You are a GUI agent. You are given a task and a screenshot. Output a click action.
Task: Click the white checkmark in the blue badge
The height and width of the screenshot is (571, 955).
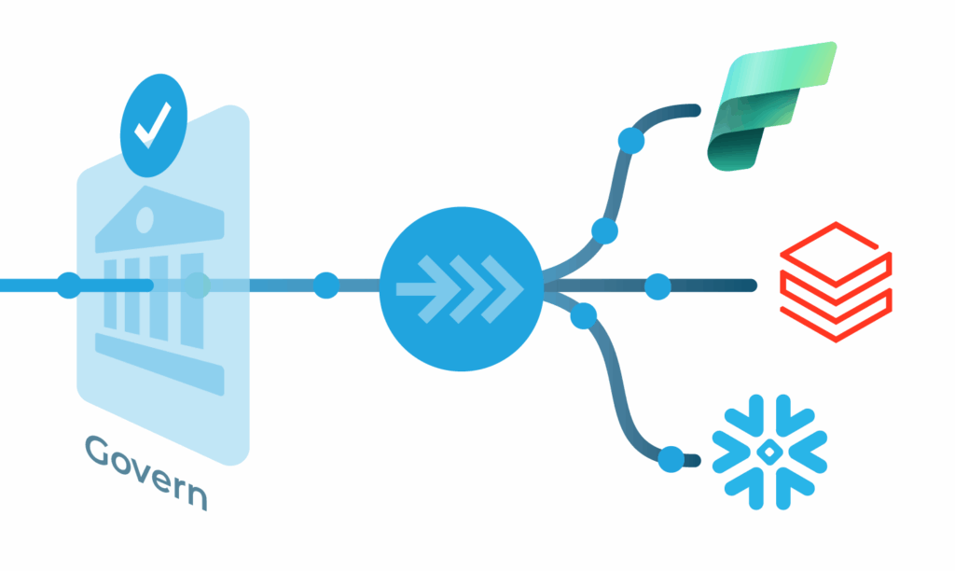coord(153,125)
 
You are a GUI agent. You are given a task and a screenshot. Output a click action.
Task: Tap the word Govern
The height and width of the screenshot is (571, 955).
coord(146,472)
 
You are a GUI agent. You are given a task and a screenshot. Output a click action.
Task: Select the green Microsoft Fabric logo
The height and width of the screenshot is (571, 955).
coord(771,106)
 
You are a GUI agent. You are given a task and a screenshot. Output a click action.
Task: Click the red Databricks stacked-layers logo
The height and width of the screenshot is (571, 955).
coord(836,282)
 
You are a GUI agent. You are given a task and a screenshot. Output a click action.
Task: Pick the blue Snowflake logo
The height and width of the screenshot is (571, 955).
coord(769,452)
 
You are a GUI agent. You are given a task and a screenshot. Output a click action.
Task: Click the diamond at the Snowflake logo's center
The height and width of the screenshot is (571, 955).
coord(769,452)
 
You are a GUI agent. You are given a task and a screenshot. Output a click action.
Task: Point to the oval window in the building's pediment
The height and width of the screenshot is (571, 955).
coord(145,220)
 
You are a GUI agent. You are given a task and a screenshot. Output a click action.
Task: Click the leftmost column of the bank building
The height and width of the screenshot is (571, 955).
coord(110,294)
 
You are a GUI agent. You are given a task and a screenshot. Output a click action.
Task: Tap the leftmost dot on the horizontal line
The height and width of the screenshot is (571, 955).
coord(69,285)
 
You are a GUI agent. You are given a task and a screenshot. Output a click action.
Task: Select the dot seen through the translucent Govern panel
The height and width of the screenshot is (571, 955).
coord(198,285)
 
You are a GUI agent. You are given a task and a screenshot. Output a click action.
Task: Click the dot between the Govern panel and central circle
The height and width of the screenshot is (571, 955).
coord(326,285)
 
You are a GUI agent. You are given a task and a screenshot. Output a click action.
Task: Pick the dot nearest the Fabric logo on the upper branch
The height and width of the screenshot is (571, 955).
coord(631,141)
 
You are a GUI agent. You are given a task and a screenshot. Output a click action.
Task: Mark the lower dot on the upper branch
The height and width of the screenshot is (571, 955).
coord(604,231)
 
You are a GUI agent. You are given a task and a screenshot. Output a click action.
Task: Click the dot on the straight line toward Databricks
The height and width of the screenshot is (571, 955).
coord(657,286)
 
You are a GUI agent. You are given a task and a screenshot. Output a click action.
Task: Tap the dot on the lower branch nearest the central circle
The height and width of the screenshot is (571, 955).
coord(584,315)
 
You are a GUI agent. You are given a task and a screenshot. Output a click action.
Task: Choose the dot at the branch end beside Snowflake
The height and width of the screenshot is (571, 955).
coord(671,459)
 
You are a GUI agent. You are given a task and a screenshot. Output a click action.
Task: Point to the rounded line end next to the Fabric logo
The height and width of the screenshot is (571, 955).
coord(695,110)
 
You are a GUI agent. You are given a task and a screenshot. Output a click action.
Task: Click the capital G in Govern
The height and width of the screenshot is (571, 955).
coord(97,451)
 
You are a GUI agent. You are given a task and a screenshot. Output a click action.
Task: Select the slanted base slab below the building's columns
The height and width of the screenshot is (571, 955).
coord(159,364)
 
